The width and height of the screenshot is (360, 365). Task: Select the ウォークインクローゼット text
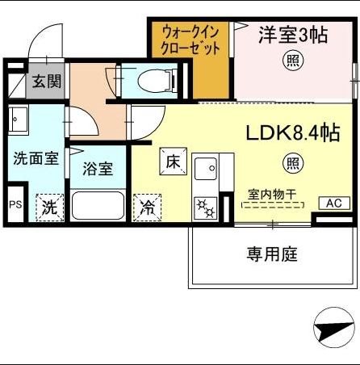pos(190,40)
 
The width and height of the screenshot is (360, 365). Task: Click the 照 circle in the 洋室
pos(292,60)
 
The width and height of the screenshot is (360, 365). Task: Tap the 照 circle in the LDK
pos(293,163)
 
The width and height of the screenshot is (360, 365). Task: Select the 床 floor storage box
pos(173,161)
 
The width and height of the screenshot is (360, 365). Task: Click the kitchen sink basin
pos(205,169)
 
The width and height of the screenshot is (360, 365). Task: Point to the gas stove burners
pos(205,208)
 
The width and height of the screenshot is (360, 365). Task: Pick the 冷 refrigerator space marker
pos(148,208)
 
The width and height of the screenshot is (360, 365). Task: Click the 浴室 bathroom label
pos(97,170)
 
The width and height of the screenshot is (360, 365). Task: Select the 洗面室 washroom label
pos(36,158)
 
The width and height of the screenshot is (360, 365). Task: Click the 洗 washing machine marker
pos(49,207)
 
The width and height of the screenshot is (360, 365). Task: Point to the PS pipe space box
pos(15,205)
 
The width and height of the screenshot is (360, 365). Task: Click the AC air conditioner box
pos(333,203)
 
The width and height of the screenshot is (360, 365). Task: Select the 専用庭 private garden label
pos(272,254)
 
